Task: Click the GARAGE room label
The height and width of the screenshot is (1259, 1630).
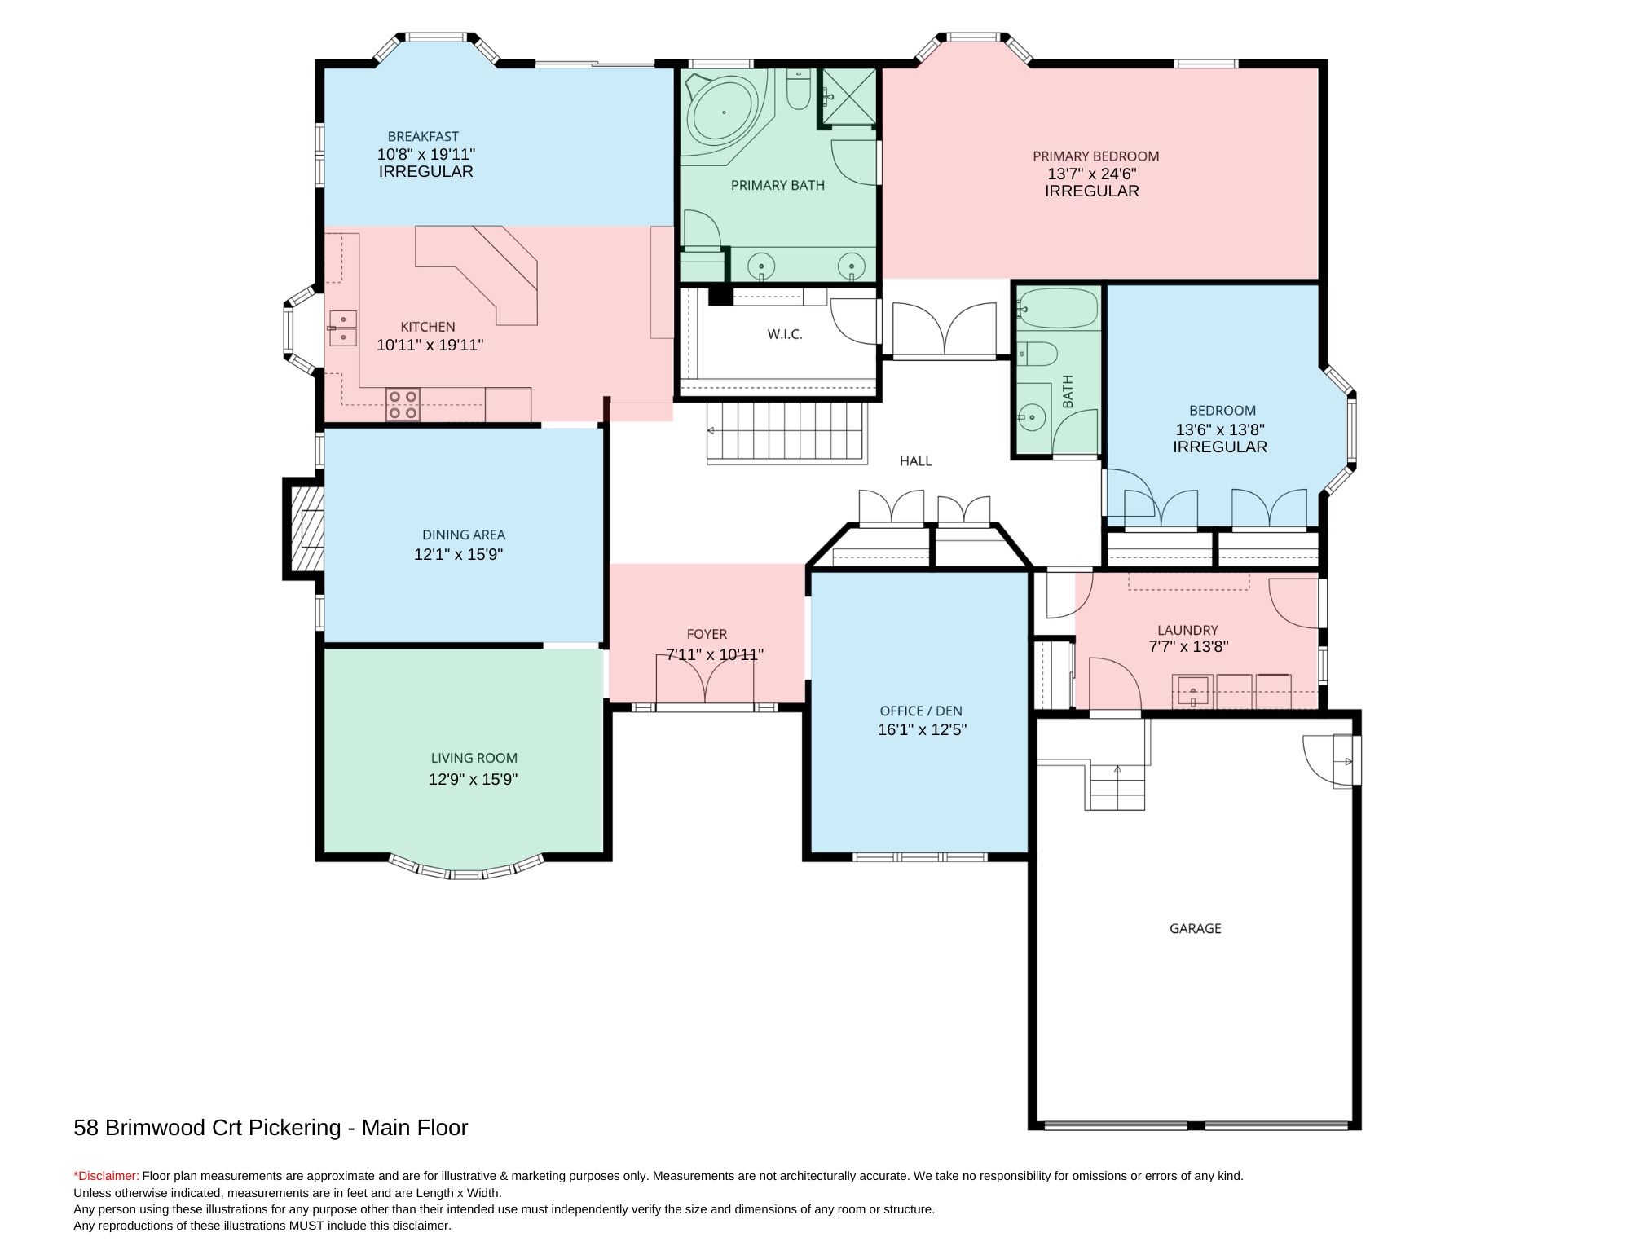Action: (1195, 928)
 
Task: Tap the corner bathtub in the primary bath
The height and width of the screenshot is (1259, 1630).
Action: (725, 114)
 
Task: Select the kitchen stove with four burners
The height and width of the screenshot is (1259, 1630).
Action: (403, 404)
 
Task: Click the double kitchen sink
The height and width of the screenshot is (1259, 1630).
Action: (343, 328)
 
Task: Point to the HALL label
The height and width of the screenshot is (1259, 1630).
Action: (915, 461)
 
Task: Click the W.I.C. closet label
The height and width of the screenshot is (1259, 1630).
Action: (785, 334)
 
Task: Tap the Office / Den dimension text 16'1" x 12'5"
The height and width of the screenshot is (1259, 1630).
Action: (922, 730)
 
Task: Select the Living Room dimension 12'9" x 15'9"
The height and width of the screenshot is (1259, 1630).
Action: (474, 780)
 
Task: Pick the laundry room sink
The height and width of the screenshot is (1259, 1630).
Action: (1192, 692)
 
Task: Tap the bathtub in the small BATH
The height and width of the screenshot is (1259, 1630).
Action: (1057, 308)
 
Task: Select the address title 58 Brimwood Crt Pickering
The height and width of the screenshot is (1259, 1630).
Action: (207, 1128)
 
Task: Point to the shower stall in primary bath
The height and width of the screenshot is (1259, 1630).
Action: (848, 96)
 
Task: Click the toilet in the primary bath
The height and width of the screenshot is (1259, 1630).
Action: (798, 91)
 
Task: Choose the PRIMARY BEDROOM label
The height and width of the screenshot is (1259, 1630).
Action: (1095, 156)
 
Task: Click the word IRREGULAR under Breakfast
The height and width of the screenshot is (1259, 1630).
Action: (425, 172)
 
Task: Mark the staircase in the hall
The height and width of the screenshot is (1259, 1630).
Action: (784, 434)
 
